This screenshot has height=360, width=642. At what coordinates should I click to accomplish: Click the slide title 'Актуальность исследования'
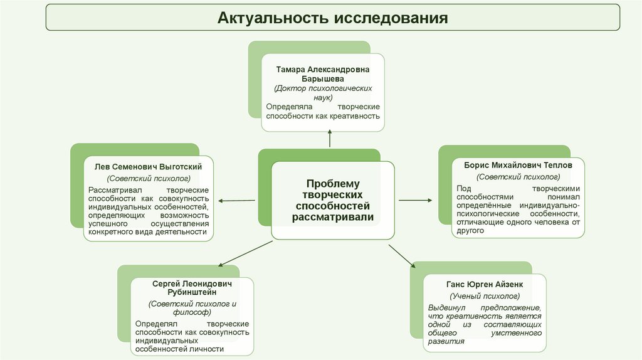(333, 17)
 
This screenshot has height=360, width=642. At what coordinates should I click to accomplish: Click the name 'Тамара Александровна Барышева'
(323, 75)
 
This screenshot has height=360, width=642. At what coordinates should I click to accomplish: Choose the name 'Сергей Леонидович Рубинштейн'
(192, 288)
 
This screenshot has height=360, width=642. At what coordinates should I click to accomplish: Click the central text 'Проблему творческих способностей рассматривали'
(332, 200)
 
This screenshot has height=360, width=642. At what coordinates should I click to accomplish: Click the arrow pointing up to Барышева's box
(330, 139)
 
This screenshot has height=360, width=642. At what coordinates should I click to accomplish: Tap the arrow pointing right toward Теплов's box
(415, 200)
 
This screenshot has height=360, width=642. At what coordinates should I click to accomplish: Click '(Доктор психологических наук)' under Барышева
(323, 93)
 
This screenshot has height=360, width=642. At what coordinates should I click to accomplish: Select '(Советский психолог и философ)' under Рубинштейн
(192, 308)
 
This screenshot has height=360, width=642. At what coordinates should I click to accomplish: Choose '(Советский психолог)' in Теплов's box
(517, 177)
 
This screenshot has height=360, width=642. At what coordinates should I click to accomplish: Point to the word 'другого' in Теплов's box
(471, 231)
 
